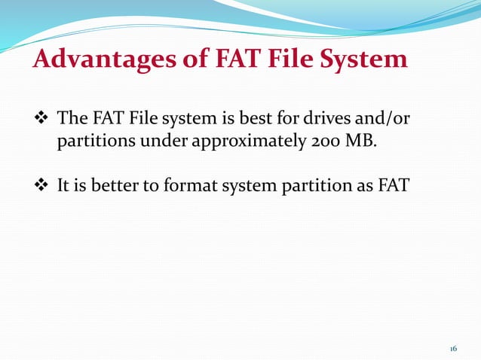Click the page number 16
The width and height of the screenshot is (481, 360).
[453, 349]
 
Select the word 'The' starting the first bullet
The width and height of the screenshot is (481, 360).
[72, 118]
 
